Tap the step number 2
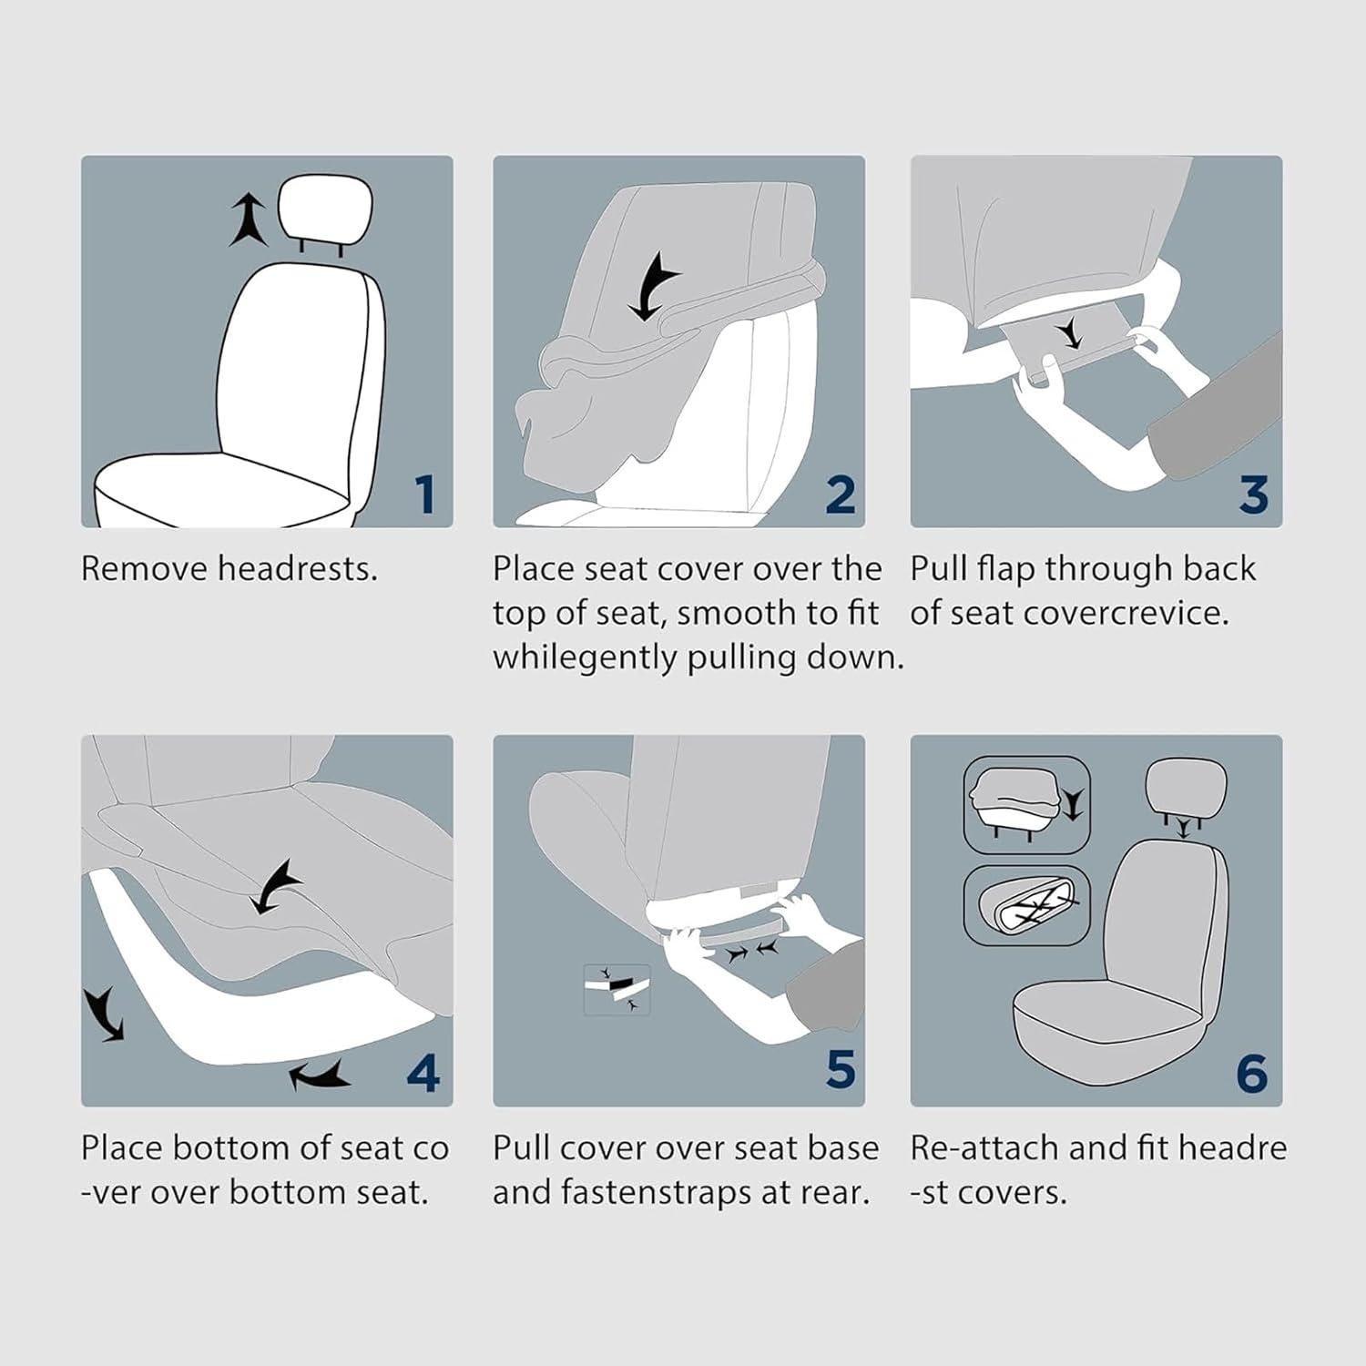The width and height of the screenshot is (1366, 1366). [840, 494]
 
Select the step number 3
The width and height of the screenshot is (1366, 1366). [1253, 494]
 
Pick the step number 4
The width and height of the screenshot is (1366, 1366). [423, 1073]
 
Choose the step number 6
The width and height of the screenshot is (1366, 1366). [1251, 1073]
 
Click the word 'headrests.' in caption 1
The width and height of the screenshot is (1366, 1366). [298, 569]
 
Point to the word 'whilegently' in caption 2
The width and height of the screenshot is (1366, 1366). [585, 657]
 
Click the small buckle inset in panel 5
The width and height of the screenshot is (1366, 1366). [617, 990]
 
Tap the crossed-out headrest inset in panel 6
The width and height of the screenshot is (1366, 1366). [1026, 904]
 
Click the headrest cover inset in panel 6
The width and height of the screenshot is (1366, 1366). [1026, 801]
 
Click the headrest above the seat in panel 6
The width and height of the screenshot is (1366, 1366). [1186, 790]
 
